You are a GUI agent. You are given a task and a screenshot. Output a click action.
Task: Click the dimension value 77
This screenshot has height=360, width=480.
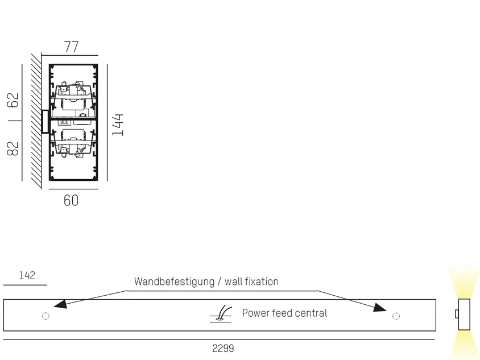click(x=71, y=47)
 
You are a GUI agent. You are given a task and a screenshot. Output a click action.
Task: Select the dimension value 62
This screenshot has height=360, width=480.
click(x=13, y=100)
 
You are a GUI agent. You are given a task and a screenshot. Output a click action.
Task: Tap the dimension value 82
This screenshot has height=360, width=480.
click(x=13, y=148)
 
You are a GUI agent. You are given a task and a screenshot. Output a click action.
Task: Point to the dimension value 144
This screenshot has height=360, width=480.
click(x=118, y=125)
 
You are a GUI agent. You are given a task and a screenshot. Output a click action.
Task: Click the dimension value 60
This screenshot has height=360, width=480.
click(x=71, y=201)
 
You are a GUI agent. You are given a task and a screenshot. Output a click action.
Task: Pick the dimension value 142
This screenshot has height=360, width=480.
click(x=27, y=275)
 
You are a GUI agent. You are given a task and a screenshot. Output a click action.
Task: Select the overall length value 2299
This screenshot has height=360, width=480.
click(x=223, y=349)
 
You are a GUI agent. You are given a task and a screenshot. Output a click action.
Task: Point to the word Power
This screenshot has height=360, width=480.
click(x=255, y=313)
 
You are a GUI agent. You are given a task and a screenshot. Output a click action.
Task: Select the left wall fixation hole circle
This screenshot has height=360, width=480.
click(x=45, y=316)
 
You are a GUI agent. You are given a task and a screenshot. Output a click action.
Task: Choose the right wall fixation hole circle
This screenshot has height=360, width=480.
click(x=396, y=316)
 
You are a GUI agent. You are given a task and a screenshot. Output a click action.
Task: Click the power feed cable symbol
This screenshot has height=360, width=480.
click(x=221, y=314)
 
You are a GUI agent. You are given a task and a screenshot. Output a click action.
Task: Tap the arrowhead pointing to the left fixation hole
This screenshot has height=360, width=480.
click(x=60, y=304)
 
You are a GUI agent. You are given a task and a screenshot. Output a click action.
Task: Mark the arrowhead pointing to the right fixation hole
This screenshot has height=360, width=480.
click(x=380, y=307)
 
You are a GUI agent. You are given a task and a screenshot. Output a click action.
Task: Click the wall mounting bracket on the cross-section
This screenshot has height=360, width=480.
click(x=45, y=122)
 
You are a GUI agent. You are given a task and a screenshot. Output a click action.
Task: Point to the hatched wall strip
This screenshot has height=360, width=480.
click(x=36, y=121)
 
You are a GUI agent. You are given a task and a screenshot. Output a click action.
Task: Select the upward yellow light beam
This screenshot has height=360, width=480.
click(x=464, y=282)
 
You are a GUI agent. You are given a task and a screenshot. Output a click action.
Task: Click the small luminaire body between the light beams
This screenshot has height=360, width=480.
click(x=464, y=315)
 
